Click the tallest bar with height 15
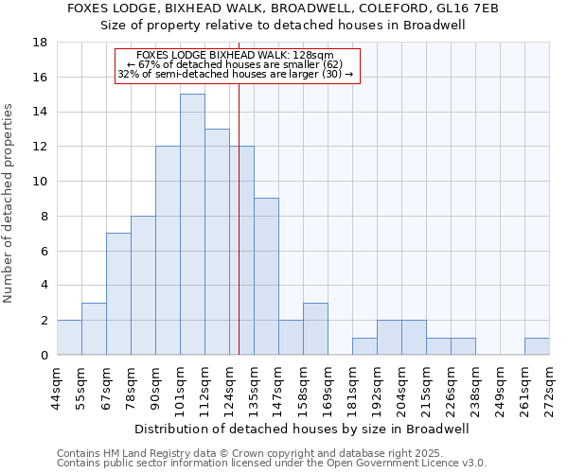[x=192, y=224]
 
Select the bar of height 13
[x=217, y=241]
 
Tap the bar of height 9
[x=266, y=276]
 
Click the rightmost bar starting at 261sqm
[x=537, y=346]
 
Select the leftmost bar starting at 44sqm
[x=69, y=338]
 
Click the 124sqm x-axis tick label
[x=229, y=388]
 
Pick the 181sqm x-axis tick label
[x=352, y=388]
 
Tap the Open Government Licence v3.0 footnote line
[x=272, y=464]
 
